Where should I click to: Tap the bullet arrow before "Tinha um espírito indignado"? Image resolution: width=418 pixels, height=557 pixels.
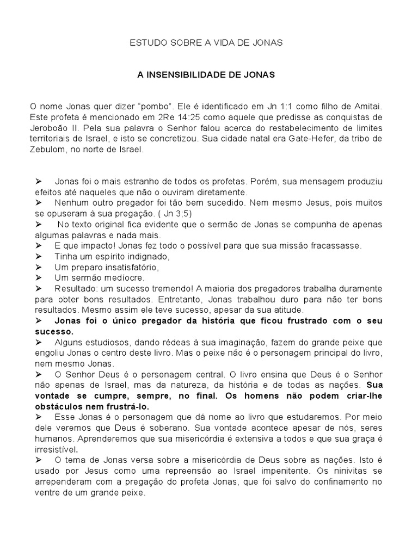[x=39, y=256]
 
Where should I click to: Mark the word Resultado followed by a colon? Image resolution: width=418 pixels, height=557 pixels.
[x=75, y=288]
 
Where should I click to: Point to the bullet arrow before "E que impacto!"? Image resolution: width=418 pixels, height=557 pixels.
[x=39, y=245]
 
